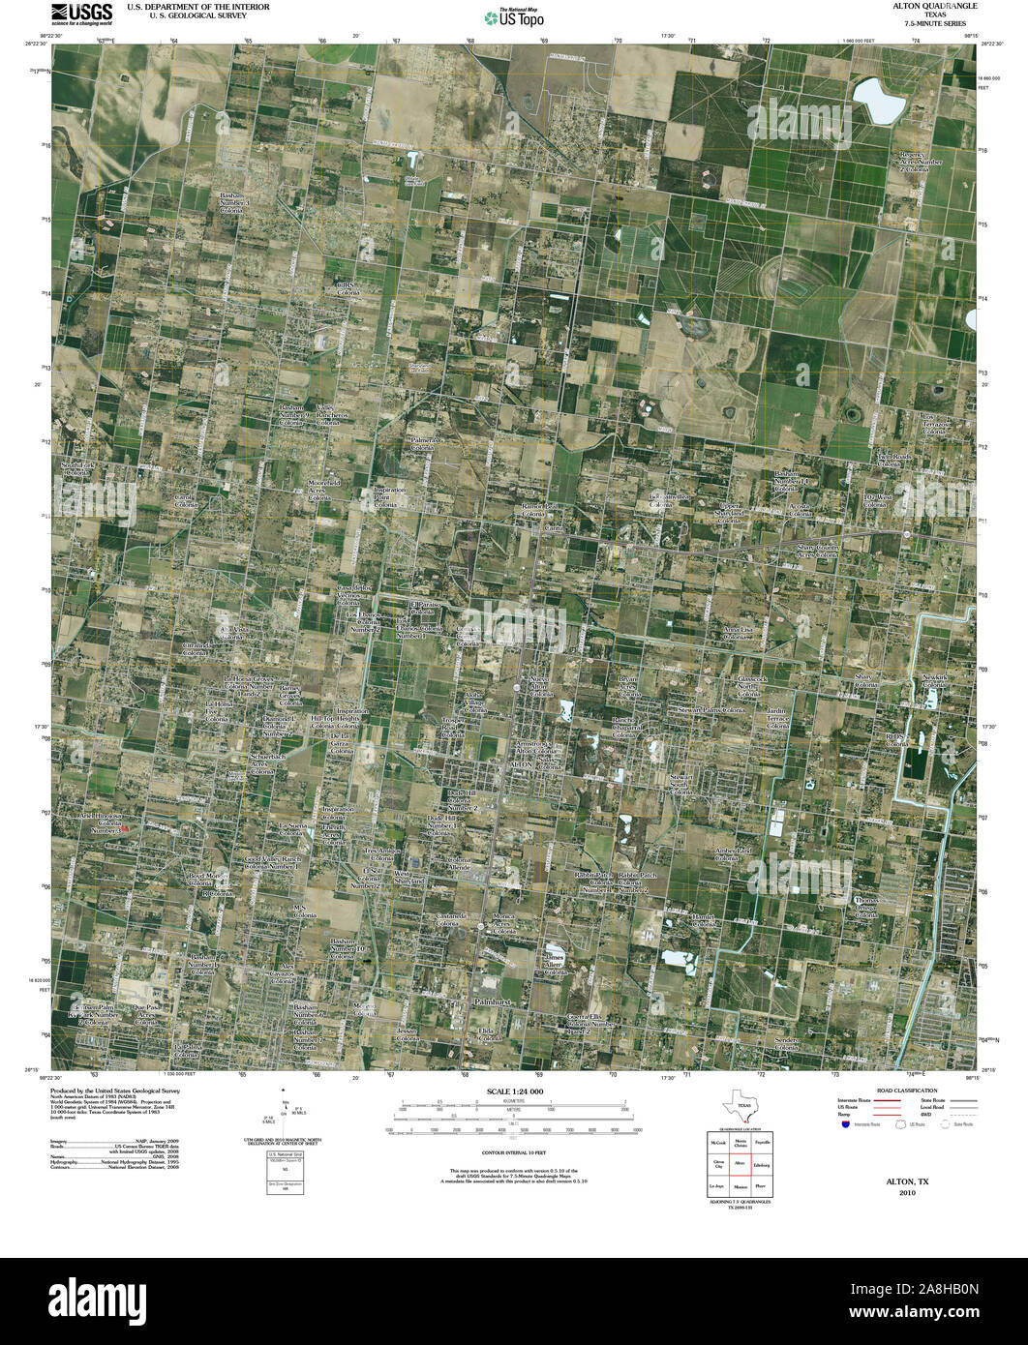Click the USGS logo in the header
pyautogui.click(x=81, y=14)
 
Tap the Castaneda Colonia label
pyautogui.click(x=451, y=918)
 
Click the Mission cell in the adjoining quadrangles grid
pyautogui.click(x=740, y=1185)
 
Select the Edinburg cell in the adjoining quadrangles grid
pyautogui.click(x=761, y=1163)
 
